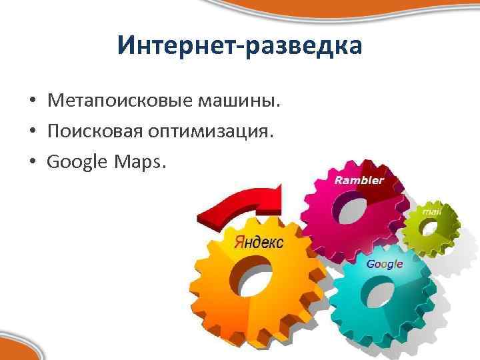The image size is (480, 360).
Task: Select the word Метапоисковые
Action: point(119,101)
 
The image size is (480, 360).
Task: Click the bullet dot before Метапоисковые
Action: point(31,102)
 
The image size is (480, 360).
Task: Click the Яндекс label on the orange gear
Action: point(259,242)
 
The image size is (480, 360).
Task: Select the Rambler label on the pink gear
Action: point(359,180)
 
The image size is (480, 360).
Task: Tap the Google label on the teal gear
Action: point(385,264)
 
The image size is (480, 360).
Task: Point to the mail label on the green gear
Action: point(432,212)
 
